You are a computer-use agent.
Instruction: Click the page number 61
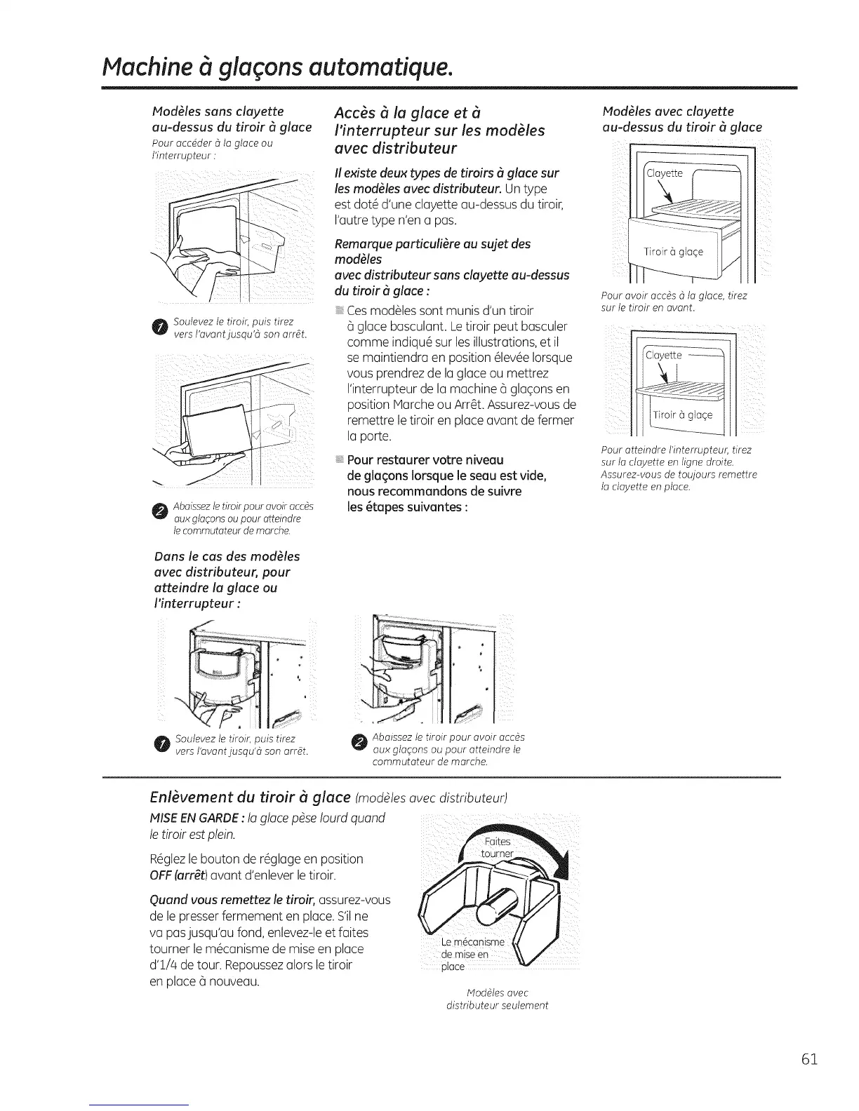[x=808, y=1058]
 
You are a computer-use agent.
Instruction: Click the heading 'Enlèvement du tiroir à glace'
[x=250, y=797]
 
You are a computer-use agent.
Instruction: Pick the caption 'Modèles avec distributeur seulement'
[x=497, y=999]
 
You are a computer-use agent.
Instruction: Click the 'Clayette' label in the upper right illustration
[x=663, y=173]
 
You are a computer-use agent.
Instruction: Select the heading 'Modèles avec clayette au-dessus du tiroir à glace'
[x=681, y=119]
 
